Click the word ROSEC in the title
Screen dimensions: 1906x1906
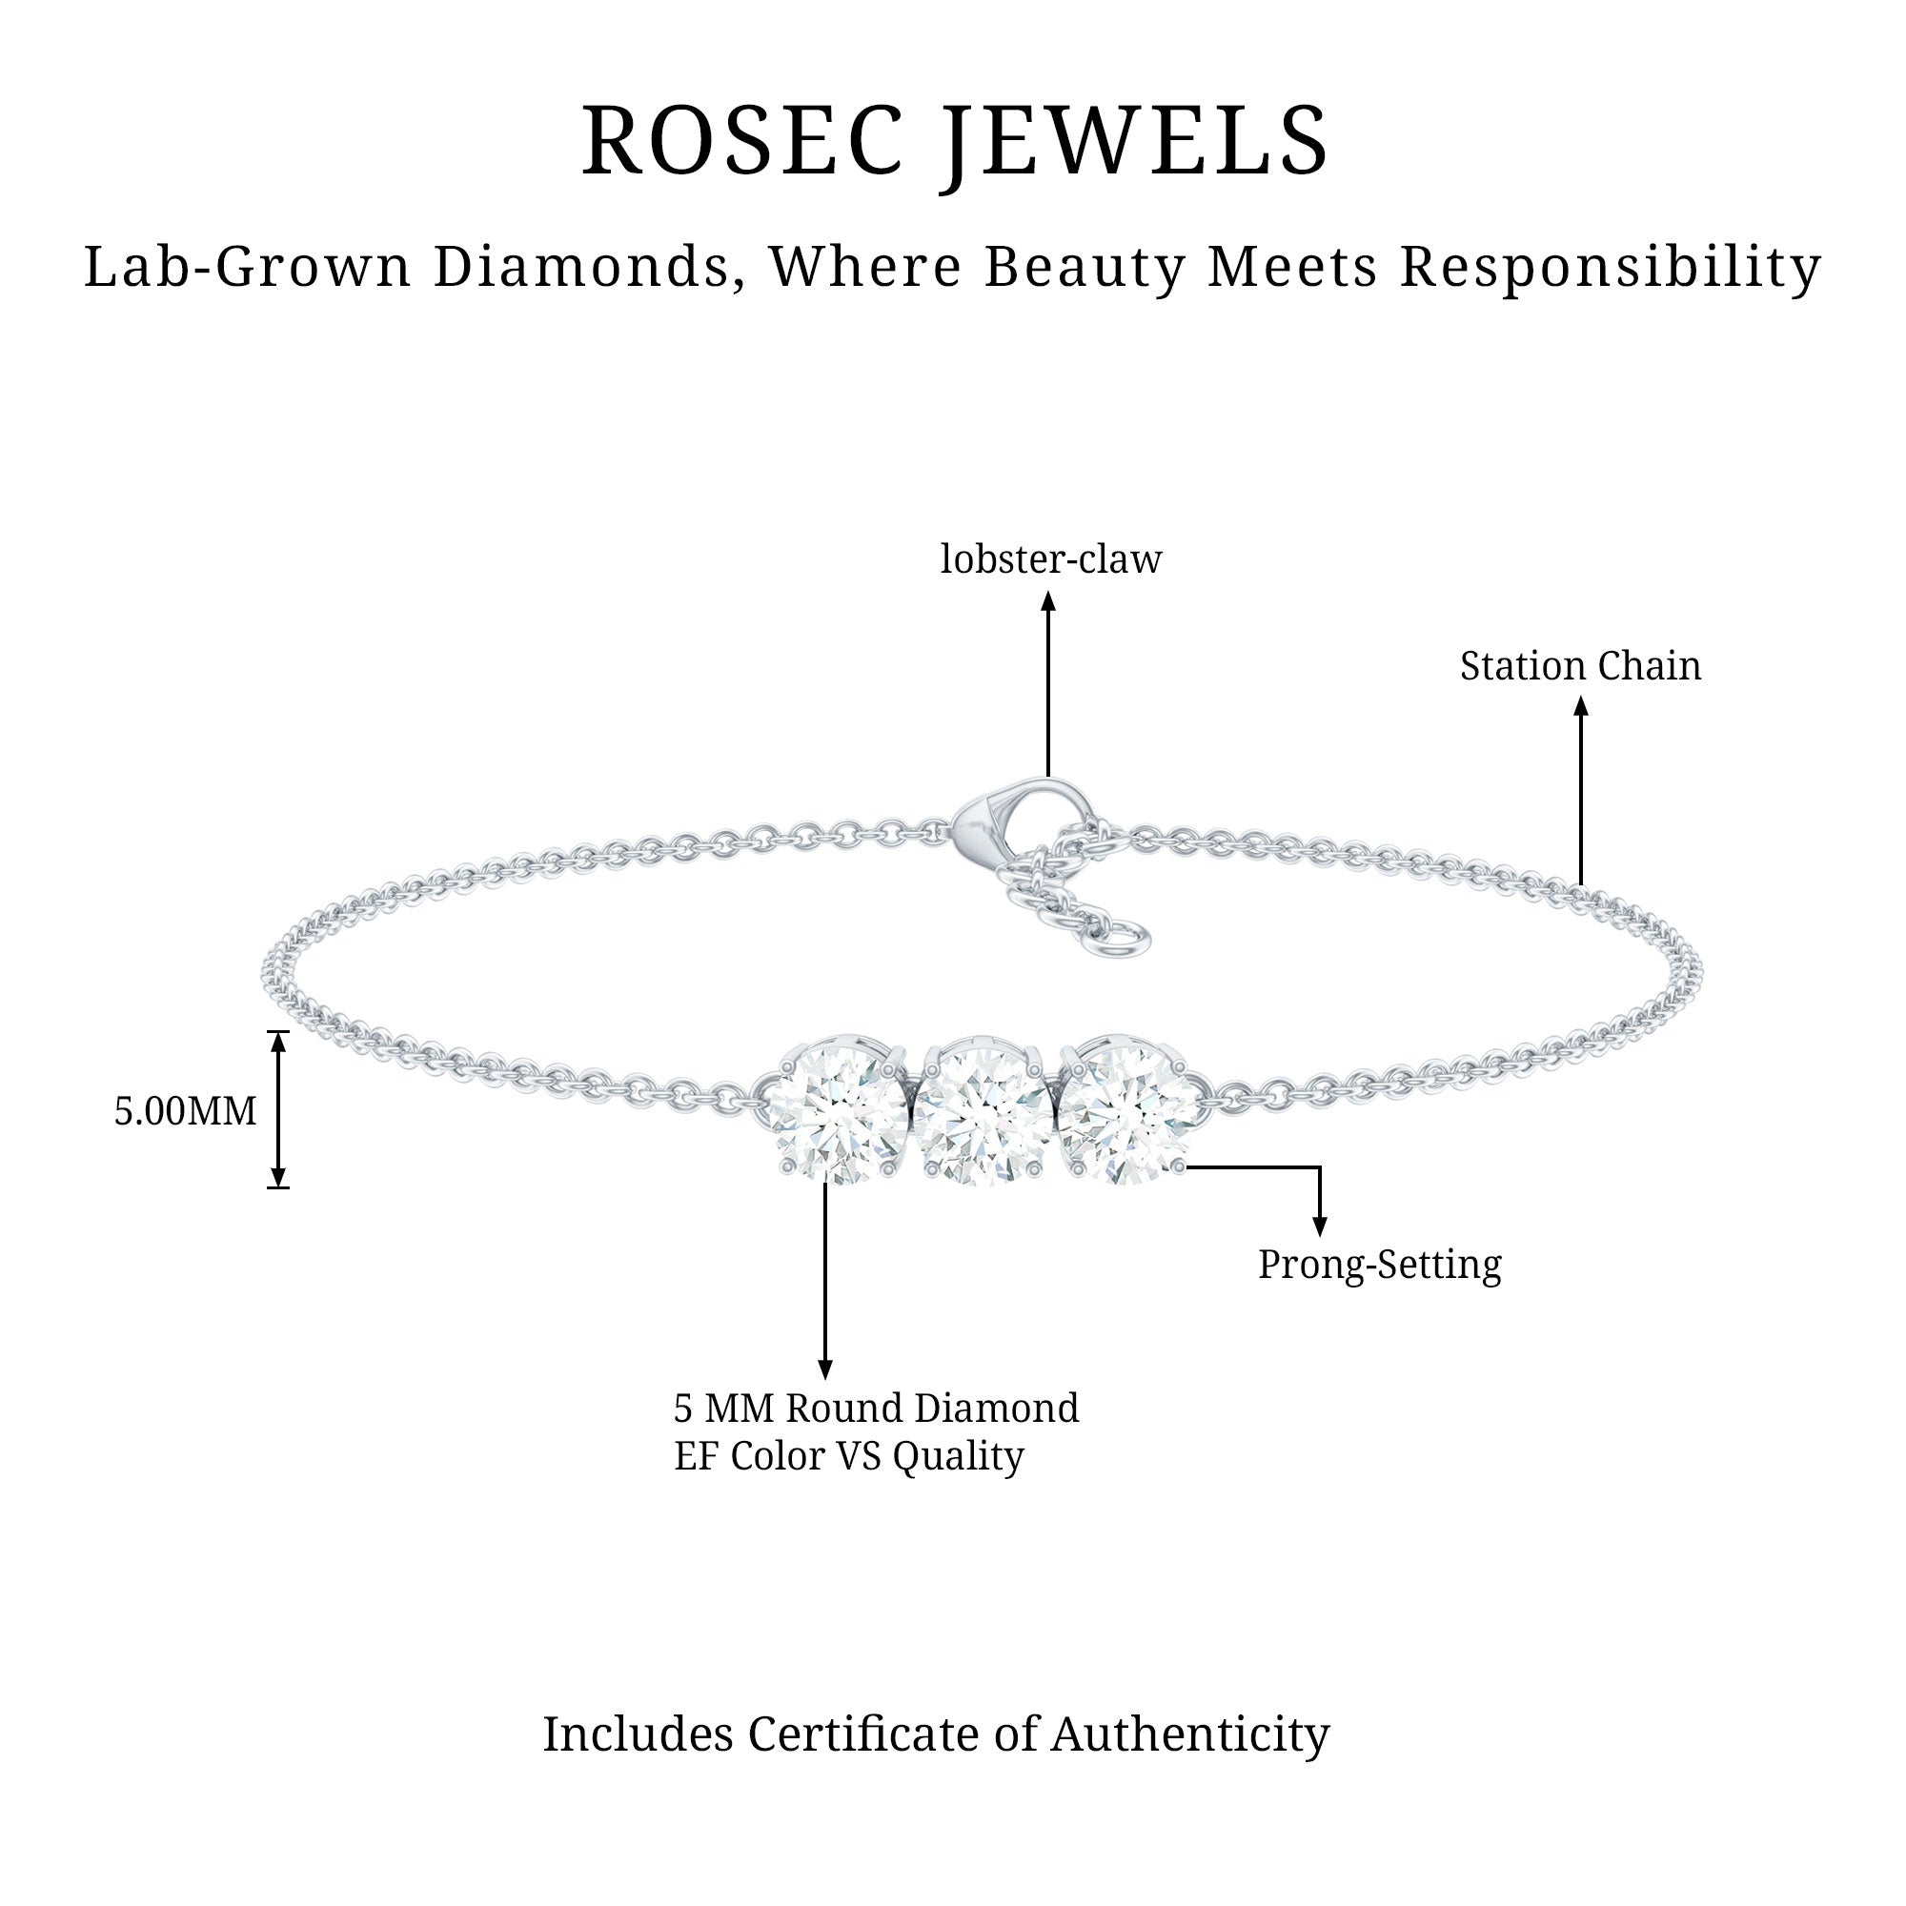click(741, 141)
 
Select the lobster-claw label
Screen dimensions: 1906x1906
click(1050, 559)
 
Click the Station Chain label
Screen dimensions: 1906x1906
click(1580, 666)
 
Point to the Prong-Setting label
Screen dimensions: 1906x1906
click(1379, 1264)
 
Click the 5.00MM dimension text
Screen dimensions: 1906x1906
click(186, 1111)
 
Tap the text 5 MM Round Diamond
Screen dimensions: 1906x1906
click(876, 1408)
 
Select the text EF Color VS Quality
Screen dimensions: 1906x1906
click(848, 1456)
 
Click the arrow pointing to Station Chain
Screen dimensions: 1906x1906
click(1580, 789)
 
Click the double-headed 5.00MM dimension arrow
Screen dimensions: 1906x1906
click(278, 1109)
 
